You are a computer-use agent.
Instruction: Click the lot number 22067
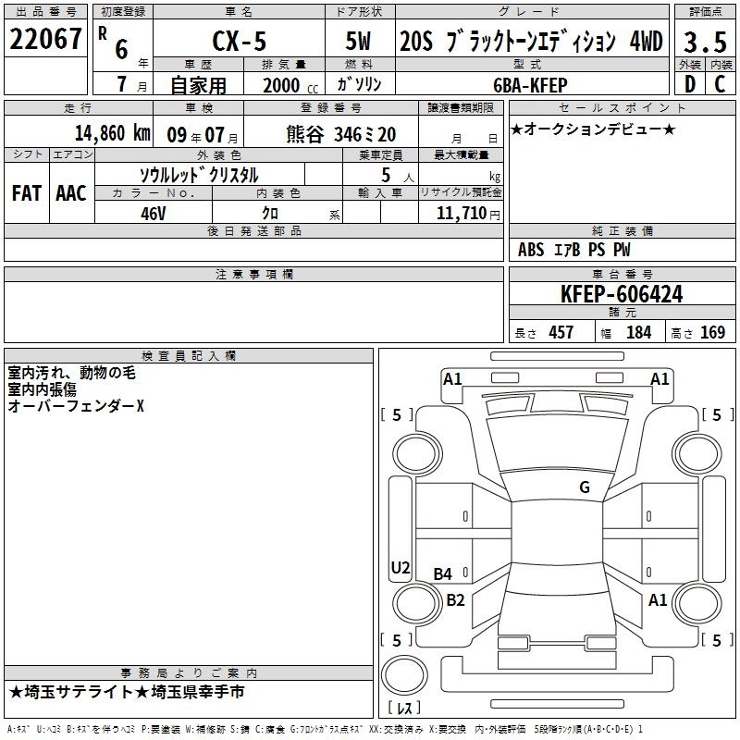click(45, 39)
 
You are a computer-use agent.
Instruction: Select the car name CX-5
click(240, 41)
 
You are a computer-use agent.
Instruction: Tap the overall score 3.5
click(705, 42)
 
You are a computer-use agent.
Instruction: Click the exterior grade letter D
click(690, 84)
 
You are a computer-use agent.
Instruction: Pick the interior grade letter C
click(720, 84)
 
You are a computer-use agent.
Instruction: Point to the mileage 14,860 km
click(113, 133)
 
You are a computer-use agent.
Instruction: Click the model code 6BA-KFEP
click(530, 85)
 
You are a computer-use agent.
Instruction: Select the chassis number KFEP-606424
click(622, 294)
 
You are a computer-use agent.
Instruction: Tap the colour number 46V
click(154, 214)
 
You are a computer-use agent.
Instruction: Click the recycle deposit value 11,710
click(462, 213)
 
